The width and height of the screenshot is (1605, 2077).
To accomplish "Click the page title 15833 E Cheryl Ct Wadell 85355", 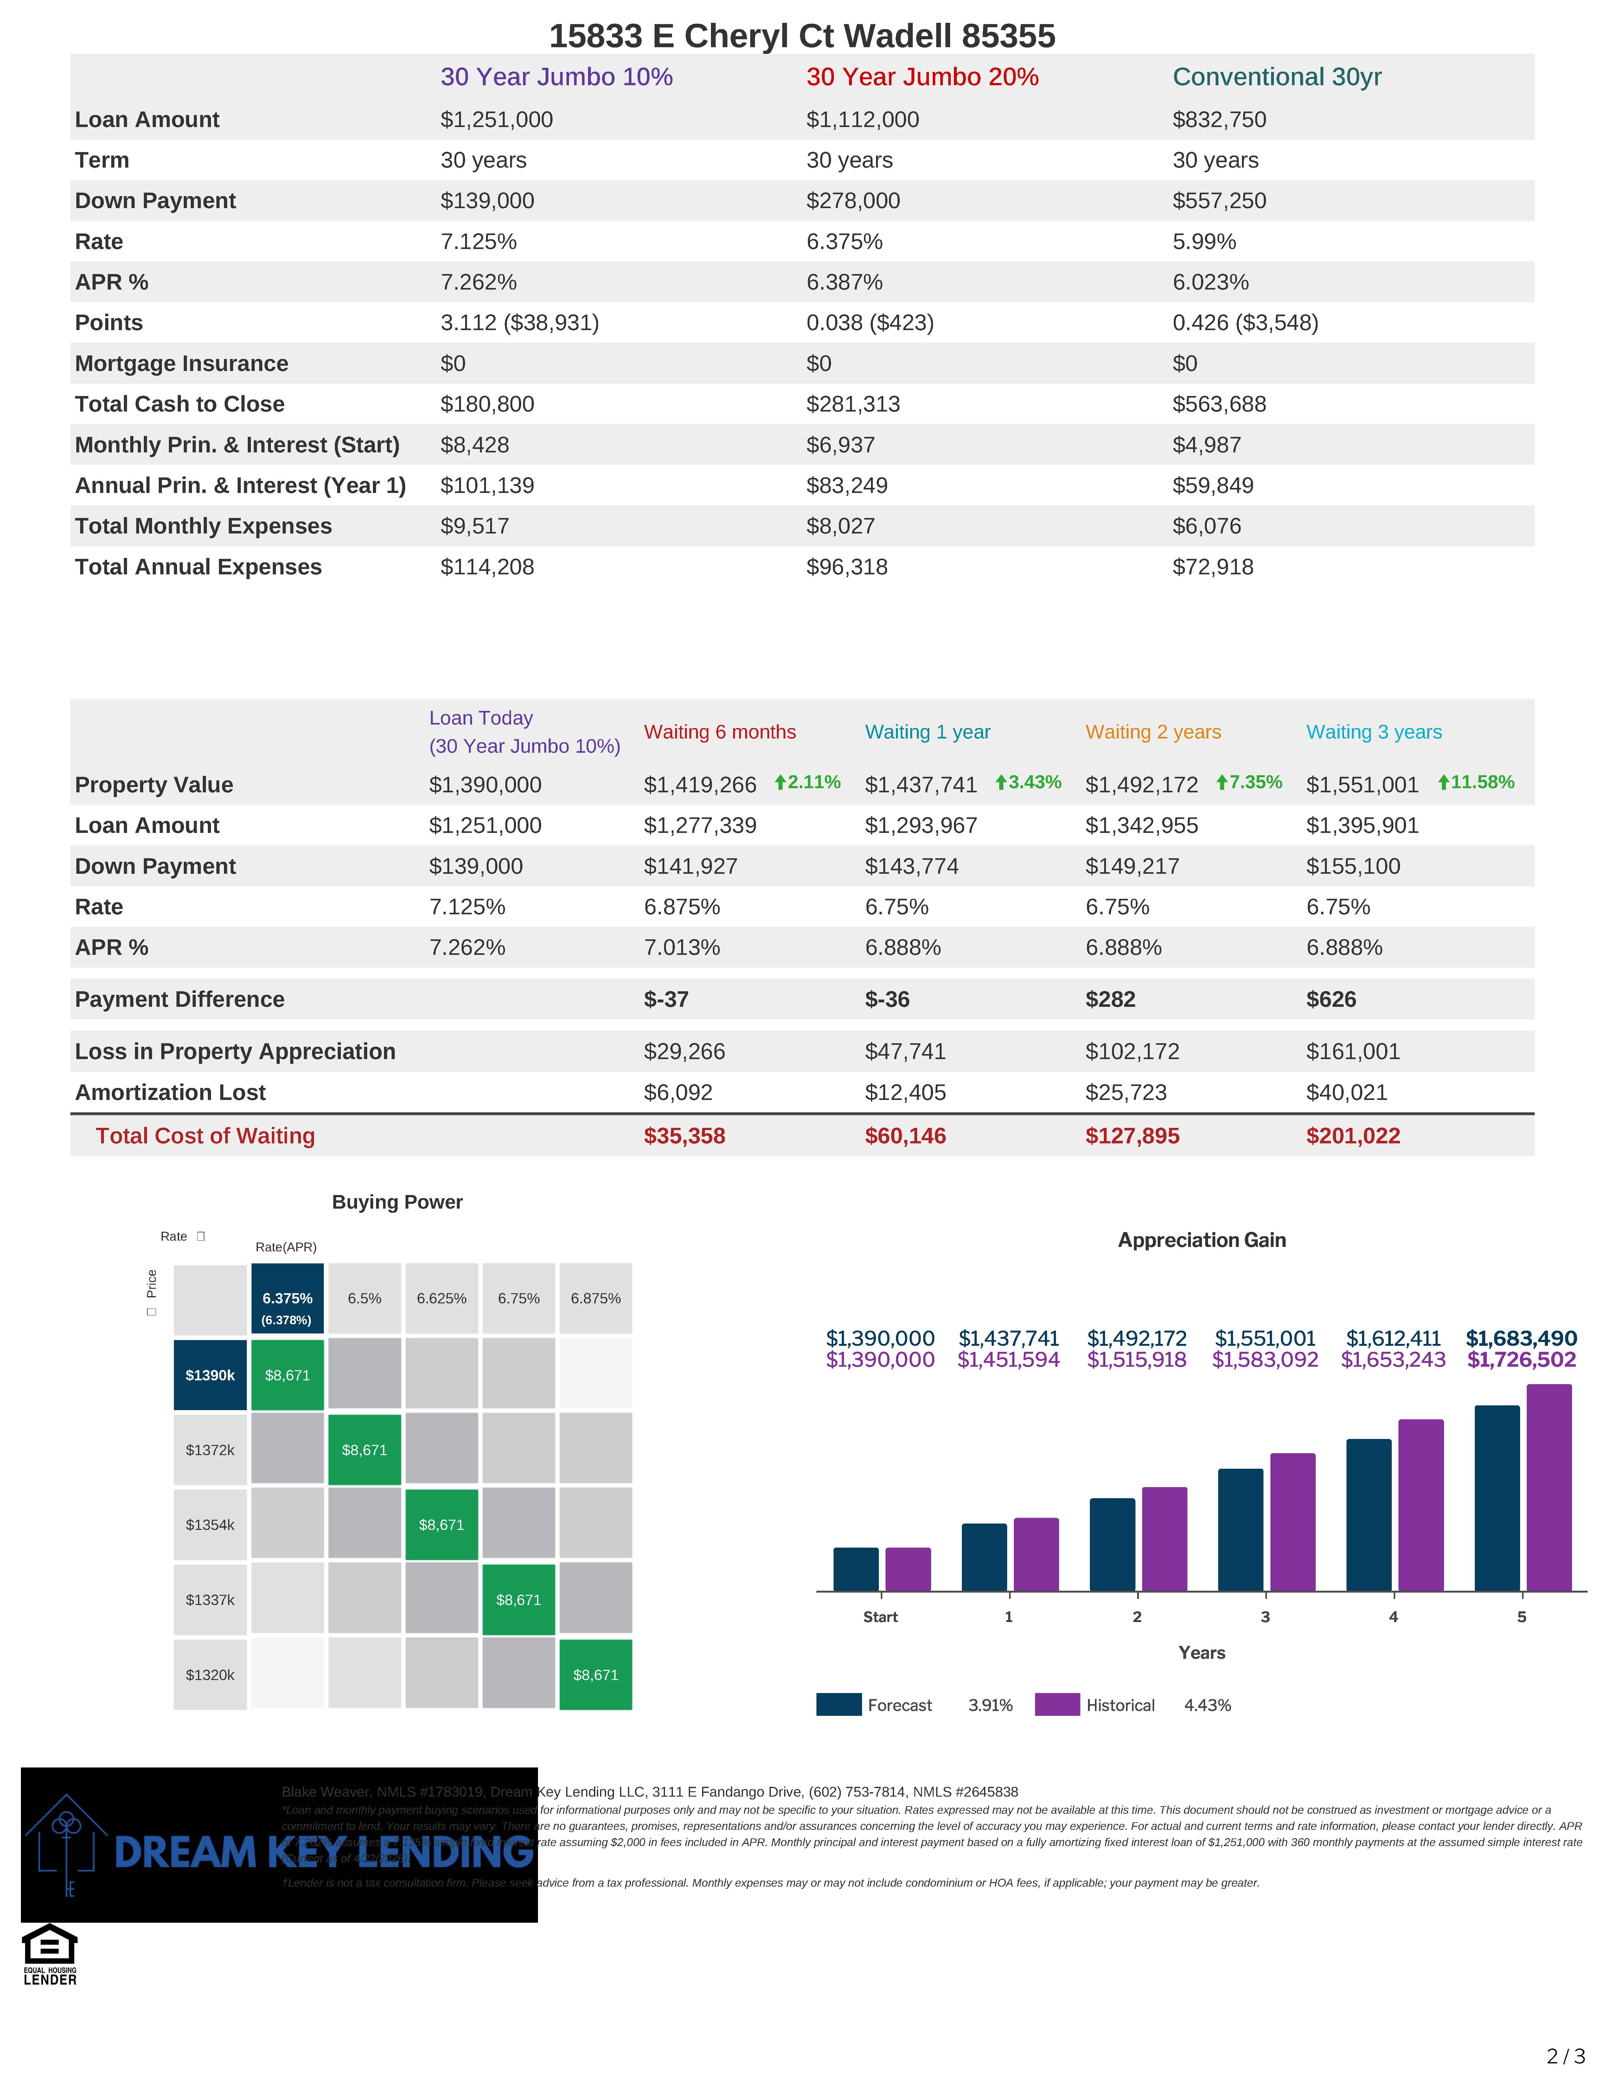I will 802,36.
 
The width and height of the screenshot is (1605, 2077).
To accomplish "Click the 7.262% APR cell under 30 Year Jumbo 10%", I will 478,283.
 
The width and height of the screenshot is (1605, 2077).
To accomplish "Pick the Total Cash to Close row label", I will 180,404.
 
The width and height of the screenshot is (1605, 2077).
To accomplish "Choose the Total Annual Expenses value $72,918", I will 1212,567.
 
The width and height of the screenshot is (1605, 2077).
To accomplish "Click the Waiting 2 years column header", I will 1152,731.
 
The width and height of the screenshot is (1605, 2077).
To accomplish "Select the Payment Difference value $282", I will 1109,1000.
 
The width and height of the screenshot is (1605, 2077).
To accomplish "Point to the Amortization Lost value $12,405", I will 904,1093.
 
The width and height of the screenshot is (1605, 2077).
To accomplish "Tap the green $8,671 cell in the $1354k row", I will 441,1524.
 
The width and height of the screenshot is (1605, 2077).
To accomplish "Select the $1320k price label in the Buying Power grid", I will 210,1675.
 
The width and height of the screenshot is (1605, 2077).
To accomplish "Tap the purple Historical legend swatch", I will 1056,1705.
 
